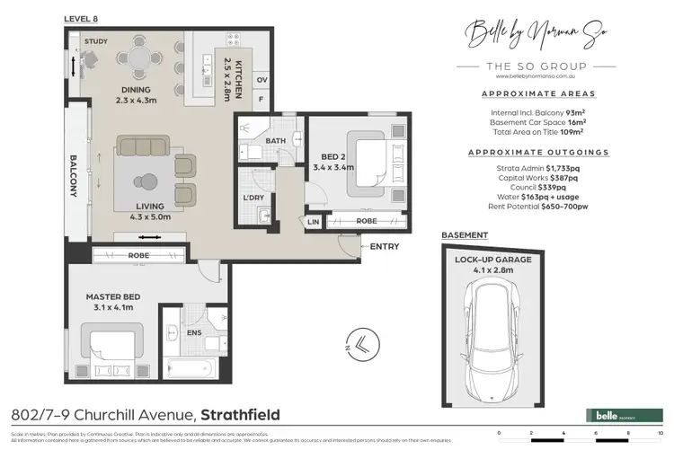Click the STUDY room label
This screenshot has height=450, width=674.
[96, 42]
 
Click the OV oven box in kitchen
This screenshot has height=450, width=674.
[263, 79]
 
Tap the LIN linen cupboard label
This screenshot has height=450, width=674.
[314, 221]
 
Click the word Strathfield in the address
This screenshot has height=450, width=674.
[239, 415]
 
